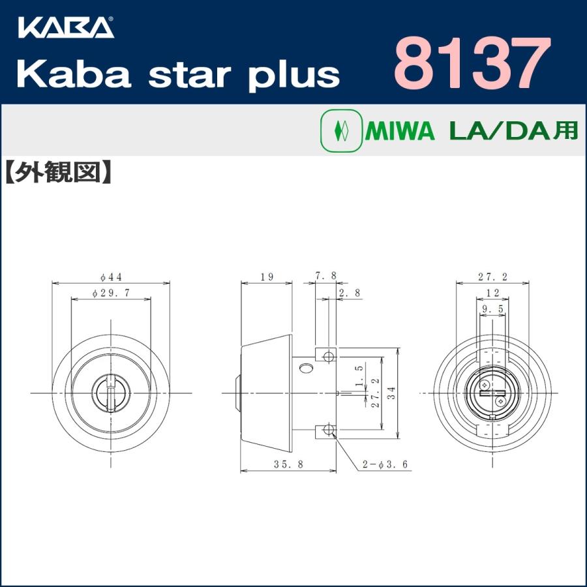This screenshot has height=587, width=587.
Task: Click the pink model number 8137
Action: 468,63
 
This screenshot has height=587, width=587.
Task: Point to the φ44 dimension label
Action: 111,276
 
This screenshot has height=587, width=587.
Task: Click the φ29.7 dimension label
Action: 110,293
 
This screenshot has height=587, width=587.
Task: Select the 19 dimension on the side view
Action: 266,277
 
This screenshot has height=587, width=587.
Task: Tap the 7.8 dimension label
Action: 325,276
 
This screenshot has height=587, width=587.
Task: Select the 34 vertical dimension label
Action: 391,393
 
